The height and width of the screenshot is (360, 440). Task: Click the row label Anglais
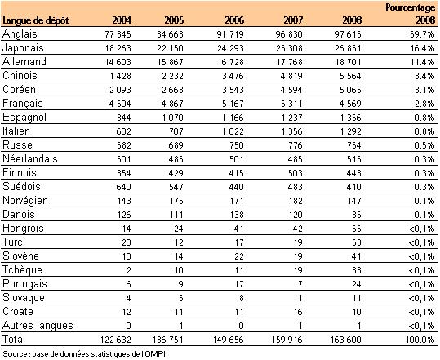(x=20, y=34)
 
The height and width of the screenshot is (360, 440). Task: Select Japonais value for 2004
(x=118, y=48)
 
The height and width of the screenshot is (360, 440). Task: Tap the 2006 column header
(x=234, y=20)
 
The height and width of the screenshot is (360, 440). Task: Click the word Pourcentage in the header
(x=411, y=7)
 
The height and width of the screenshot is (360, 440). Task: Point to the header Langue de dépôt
(x=36, y=20)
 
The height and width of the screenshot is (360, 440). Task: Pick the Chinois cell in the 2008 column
(x=350, y=76)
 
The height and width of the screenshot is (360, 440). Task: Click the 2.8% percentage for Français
(x=424, y=104)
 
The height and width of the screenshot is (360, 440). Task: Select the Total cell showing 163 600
(x=346, y=340)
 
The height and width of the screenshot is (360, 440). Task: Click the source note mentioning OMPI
(x=84, y=353)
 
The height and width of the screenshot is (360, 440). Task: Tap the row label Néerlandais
(x=30, y=159)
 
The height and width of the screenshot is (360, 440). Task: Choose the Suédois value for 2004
(x=123, y=187)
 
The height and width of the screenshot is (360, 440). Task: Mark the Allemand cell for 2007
(x=290, y=62)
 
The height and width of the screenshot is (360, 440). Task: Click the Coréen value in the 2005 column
(x=172, y=90)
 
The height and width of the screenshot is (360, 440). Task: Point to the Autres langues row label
(x=38, y=326)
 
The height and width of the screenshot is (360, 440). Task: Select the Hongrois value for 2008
(x=357, y=229)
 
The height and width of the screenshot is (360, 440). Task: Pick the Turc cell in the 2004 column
(x=127, y=242)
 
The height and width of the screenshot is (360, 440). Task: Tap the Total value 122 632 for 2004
(x=116, y=340)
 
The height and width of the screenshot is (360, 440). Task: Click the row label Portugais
(x=24, y=284)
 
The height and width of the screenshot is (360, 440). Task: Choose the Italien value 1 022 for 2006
(x=233, y=131)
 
